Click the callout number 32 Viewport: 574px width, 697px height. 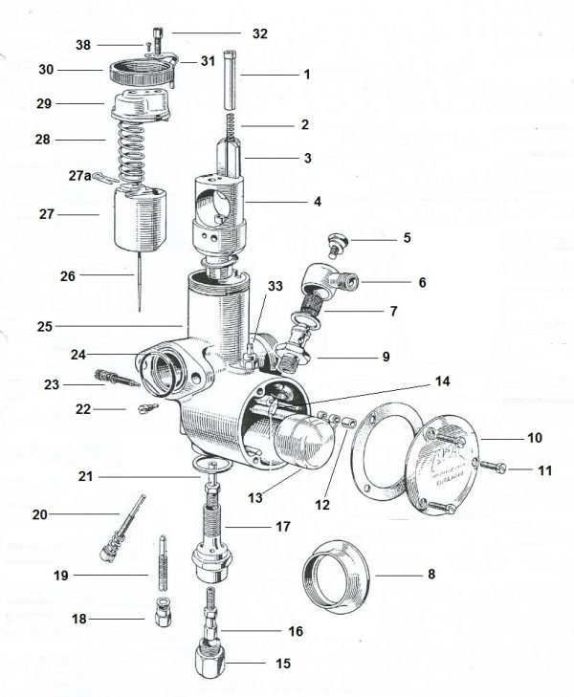[259, 33]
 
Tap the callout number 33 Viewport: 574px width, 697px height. [276, 285]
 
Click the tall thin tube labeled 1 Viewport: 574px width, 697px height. [232, 82]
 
